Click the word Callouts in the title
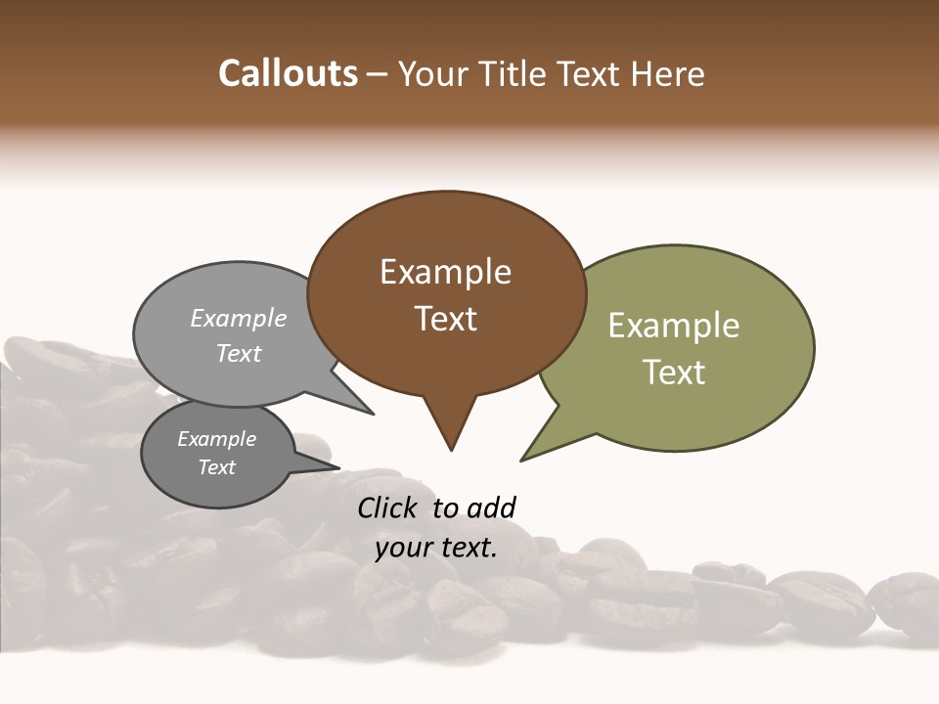click(x=288, y=73)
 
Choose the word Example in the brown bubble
click(x=445, y=272)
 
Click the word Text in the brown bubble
click(x=446, y=319)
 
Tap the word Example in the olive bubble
click(x=674, y=326)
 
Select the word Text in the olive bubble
click(x=675, y=373)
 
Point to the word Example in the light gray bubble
click(x=239, y=318)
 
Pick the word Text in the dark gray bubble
click(x=217, y=467)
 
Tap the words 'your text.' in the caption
click(x=436, y=548)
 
